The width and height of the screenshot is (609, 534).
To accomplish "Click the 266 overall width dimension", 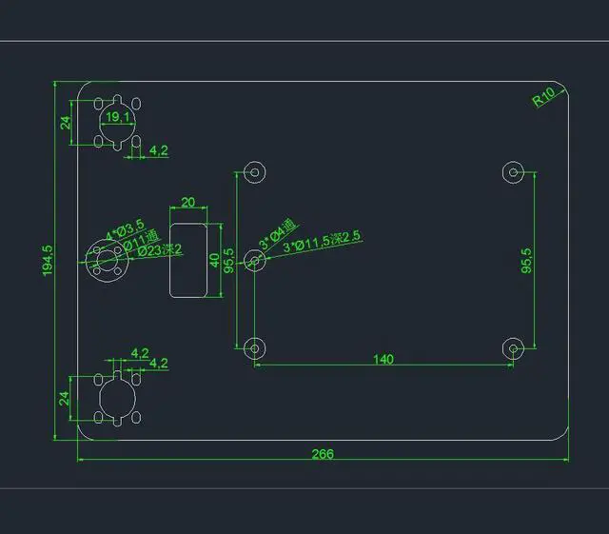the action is point(323,453).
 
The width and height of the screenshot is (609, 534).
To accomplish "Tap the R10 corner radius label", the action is point(545,96).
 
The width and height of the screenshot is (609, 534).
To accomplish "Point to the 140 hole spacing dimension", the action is point(383,359).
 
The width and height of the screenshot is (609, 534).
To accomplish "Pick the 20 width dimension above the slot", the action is point(187,202).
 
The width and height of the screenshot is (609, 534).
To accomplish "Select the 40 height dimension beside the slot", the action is point(215,259).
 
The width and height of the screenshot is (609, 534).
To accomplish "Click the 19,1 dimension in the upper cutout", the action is point(118,117).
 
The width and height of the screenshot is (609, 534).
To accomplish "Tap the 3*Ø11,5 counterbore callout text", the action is point(323,242).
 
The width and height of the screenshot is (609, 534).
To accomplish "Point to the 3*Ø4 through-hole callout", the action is point(278,234).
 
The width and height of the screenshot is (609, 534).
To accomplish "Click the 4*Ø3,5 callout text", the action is point(125,228).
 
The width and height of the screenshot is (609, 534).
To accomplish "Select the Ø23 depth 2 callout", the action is point(159,251).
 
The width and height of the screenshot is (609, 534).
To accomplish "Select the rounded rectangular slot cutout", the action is point(188,259).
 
